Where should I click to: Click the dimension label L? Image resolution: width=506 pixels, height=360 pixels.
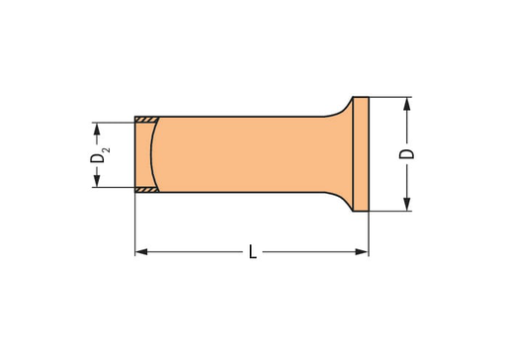[252, 253]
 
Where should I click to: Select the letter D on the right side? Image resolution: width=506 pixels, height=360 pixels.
[406, 153]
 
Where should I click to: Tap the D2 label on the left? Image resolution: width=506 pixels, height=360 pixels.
[97, 154]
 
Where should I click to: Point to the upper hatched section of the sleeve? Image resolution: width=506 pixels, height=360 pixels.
[146, 121]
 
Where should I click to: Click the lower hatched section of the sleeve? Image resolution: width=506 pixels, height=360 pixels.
[146, 188]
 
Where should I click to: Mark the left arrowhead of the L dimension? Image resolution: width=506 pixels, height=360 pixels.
[140, 253]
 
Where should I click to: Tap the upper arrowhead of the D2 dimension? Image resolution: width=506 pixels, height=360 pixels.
[96, 128]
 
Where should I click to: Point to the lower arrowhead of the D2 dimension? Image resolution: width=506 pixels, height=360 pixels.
[96, 181]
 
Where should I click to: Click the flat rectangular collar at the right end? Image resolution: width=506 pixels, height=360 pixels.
[361, 153]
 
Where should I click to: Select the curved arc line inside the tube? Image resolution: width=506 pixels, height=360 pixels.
[156, 153]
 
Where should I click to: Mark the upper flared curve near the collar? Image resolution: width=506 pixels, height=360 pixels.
[342, 107]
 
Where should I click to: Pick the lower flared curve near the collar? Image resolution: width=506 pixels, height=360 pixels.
[342, 201]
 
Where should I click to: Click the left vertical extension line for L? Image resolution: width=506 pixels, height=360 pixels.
[134, 227]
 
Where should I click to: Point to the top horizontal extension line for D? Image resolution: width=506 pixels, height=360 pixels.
[390, 97]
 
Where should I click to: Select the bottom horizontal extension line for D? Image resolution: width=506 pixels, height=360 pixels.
[390, 211]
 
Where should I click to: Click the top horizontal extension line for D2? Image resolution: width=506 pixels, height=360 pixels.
[114, 122]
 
